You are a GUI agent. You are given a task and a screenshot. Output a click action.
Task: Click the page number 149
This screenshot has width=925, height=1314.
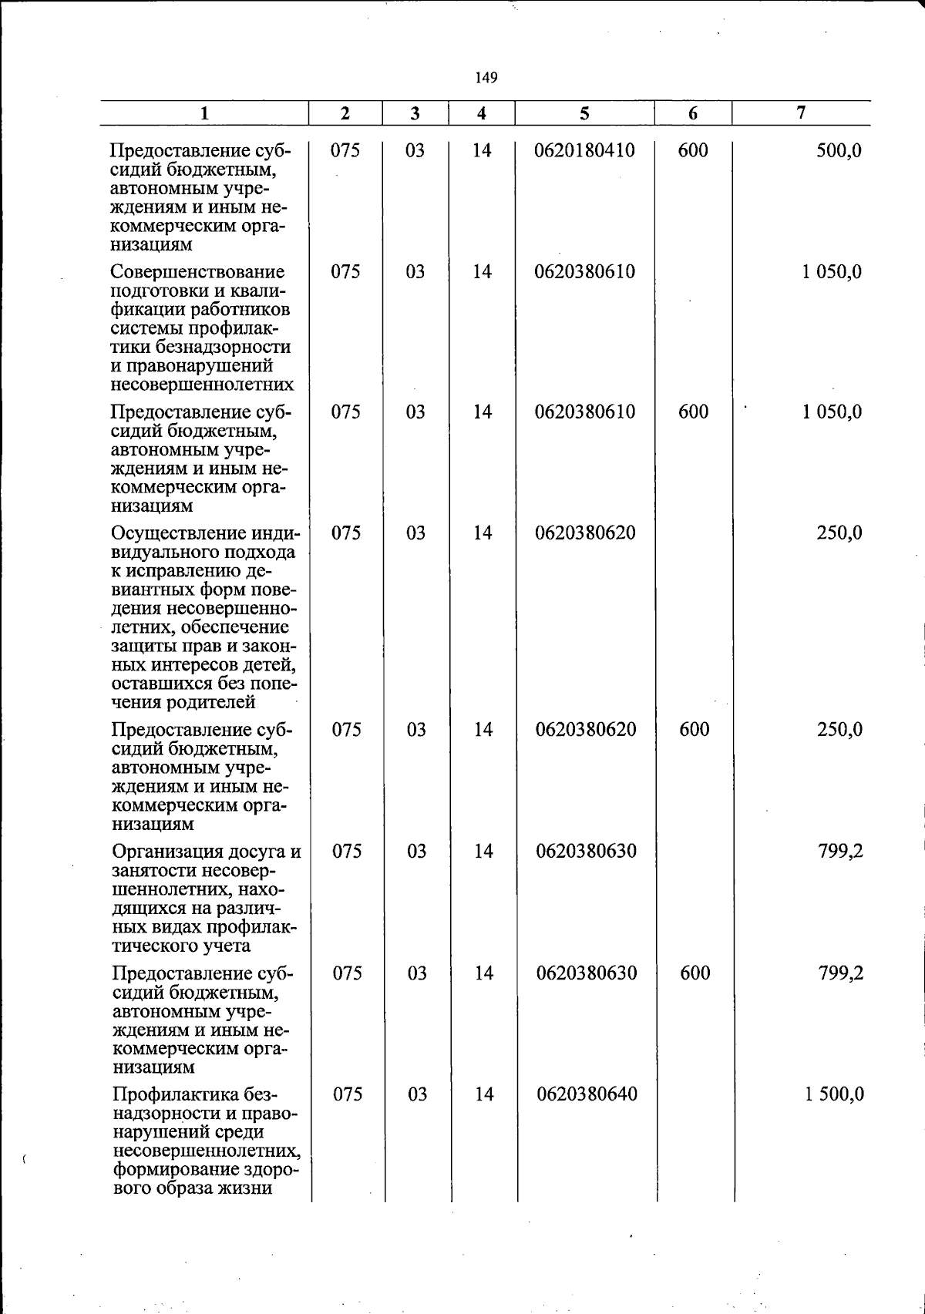click(x=486, y=77)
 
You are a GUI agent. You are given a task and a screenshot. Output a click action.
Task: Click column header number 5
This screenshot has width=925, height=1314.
click(x=584, y=114)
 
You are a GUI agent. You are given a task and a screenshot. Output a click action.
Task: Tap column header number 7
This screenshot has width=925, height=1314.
click(x=801, y=113)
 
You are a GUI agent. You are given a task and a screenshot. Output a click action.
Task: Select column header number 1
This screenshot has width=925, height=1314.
click(x=204, y=114)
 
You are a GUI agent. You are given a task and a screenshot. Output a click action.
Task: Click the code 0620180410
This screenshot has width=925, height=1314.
click(x=584, y=150)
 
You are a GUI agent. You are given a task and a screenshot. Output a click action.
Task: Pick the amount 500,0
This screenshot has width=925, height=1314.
click(x=839, y=150)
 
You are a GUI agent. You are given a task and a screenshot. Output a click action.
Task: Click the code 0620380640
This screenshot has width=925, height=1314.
click(x=587, y=1094)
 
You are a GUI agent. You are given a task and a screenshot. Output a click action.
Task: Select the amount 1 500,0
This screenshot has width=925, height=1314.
click(x=834, y=1094)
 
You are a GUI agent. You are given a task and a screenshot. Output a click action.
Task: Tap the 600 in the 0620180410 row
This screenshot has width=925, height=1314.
click(x=693, y=150)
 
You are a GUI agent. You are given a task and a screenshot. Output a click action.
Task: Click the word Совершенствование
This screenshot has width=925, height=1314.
click(x=197, y=272)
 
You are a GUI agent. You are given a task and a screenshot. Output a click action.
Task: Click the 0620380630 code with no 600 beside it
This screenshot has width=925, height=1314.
click(x=586, y=851)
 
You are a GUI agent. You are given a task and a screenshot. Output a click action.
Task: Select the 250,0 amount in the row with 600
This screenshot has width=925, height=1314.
click(x=839, y=729)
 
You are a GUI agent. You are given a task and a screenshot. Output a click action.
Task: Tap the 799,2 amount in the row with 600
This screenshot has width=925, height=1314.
click(x=840, y=973)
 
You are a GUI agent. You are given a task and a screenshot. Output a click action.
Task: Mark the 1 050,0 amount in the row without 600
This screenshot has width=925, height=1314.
click(x=832, y=272)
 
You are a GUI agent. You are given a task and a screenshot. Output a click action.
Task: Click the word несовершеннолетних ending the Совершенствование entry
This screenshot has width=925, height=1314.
click(x=202, y=385)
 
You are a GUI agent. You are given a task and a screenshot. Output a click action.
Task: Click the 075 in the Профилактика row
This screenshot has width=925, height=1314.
click(x=347, y=1094)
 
